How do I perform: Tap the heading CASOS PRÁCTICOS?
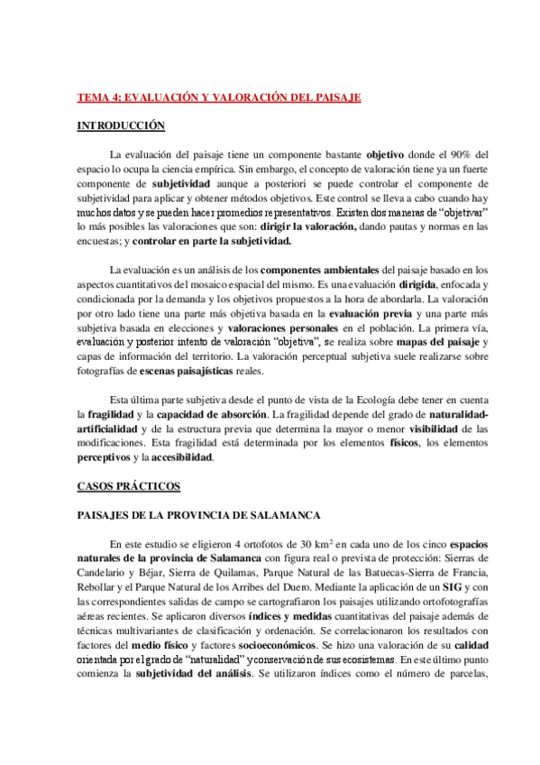(x=129, y=487)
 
